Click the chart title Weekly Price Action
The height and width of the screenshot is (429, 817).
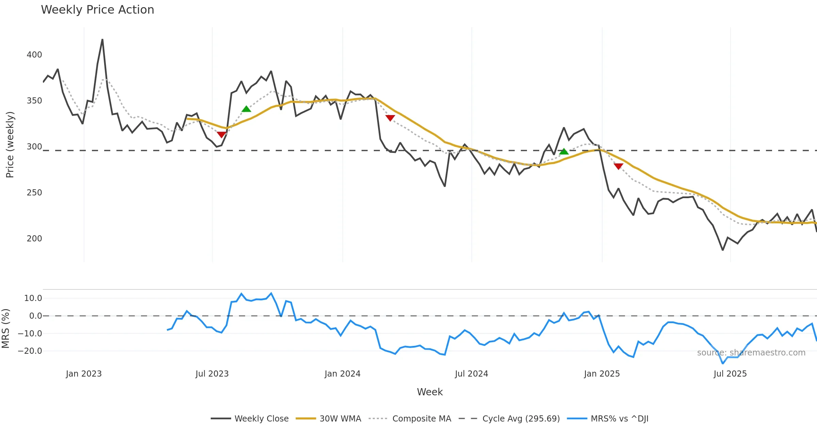click(97, 10)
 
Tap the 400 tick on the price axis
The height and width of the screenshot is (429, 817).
click(34, 55)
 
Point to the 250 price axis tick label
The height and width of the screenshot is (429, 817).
click(34, 193)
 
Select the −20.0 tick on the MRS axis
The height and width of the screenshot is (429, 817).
click(30, 351)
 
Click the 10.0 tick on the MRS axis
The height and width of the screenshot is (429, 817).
click(33, 298)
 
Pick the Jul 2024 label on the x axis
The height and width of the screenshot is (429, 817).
click(471, 374)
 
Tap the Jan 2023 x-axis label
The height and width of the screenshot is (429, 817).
click(84, 374)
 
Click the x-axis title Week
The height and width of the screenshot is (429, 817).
click(430, 392)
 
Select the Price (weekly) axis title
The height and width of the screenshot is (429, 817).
click(10, 145)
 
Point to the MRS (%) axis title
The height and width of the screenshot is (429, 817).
click(6, 329)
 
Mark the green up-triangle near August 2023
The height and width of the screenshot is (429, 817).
click(246, 109)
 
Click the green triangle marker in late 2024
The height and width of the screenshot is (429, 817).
click(564, 152)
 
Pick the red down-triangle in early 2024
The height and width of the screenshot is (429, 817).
click(390, 118)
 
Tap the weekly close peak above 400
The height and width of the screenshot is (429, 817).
click(102, 39)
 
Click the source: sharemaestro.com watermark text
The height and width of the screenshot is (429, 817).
click(751, 353)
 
